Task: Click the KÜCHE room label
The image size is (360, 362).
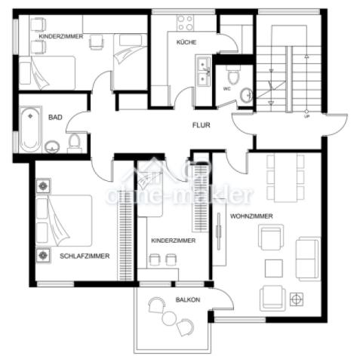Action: (x=186, y=42)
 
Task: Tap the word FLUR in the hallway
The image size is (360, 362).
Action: (x=202, y=125)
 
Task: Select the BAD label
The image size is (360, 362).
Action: (x=55, y=118)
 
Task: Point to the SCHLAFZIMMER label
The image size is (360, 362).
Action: (x=85, y=256)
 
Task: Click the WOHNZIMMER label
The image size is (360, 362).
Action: (x=251, y=216)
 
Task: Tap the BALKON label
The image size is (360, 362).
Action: (x=188, y=299)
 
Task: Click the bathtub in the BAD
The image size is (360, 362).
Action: (x=30, y=130)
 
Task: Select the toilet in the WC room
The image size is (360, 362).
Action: (x=233, y=75)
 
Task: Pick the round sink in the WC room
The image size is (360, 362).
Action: (x=246, y=95)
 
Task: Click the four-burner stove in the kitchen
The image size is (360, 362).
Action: (x=185, y=23)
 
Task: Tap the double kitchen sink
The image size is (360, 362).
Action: (x=204, y=71)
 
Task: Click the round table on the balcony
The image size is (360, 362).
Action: (x=168, y=318)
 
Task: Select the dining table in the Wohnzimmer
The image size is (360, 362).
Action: (x=285, y=178)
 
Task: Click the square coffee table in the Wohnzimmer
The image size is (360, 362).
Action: (x=274, y=268)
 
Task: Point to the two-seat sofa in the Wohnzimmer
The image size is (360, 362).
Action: (x=308, y=259)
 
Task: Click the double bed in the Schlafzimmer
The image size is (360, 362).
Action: (x=64, y=220)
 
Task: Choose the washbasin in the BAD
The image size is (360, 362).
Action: (x=52, y=147)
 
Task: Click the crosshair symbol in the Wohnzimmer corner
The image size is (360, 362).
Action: (x=297, y=299)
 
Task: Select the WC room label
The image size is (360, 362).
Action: (x=226, y=89)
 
